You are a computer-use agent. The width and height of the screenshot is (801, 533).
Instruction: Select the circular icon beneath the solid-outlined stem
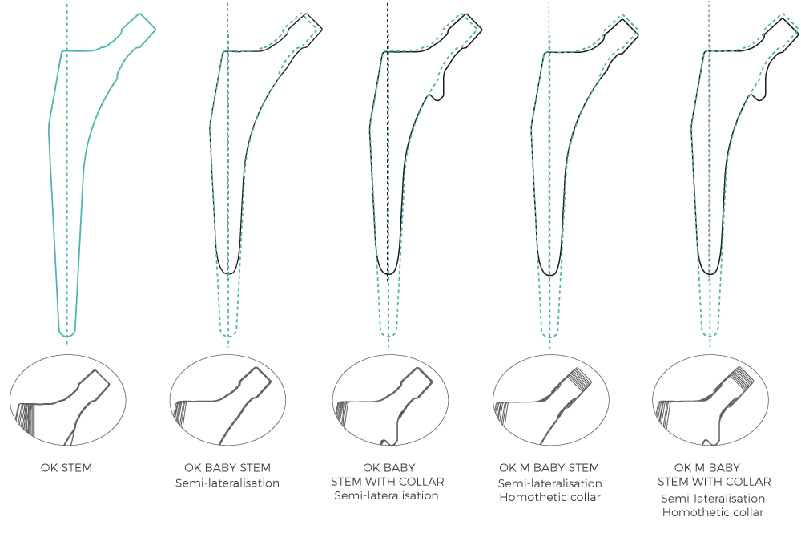[x=68, y=398]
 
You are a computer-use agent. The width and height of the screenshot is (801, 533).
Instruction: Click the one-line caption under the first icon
[x=68, y=466]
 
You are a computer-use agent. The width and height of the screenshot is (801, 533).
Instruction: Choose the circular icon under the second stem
[x=228, y=398]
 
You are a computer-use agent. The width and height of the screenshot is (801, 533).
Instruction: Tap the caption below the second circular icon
[x=228, y=474]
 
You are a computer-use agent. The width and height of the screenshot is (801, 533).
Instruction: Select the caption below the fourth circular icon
[x=549, y=484]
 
